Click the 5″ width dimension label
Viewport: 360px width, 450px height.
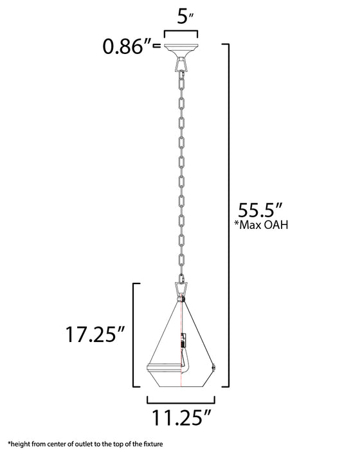coord(181,18)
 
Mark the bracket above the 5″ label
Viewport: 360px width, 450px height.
coord(181,33)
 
